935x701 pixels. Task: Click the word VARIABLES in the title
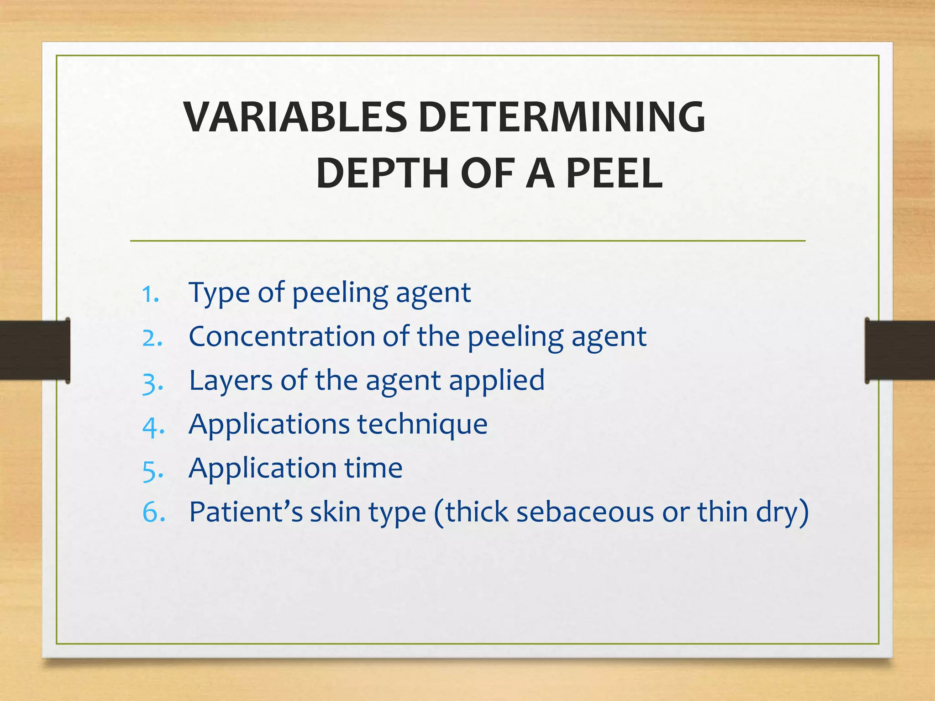(295, 117)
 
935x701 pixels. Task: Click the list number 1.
(150, 294)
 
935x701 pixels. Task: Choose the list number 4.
(152, 427)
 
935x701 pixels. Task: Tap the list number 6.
(153, 513)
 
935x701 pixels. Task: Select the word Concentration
(282, 337)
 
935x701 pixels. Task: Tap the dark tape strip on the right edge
(900, 350)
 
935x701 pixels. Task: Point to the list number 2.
(152, 339)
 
